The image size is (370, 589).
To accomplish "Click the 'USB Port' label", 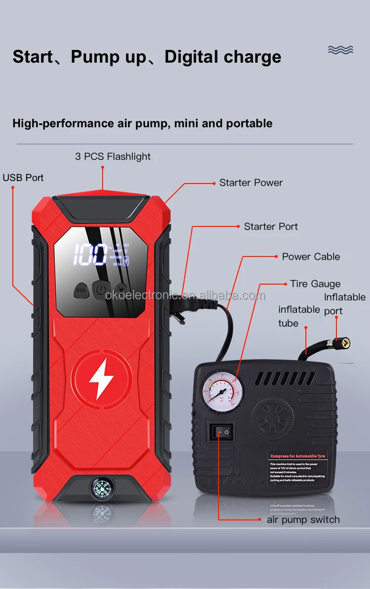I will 23,178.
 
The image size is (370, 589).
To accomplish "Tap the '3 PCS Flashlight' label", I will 113,156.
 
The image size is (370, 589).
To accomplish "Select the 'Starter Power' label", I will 251,183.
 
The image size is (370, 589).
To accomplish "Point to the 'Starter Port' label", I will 271,226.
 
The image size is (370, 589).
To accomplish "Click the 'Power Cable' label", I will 311,257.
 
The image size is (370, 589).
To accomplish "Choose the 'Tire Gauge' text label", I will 315,284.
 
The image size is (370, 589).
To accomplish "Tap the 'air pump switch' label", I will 303,519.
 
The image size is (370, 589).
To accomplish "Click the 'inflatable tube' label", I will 299,316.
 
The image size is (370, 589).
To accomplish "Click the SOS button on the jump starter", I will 81,290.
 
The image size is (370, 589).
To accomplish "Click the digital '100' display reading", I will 90,255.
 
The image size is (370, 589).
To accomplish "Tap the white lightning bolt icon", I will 102,379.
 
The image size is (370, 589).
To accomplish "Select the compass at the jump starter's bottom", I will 102,489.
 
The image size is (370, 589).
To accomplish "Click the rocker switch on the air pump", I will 222,433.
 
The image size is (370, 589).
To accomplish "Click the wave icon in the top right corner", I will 340,49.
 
